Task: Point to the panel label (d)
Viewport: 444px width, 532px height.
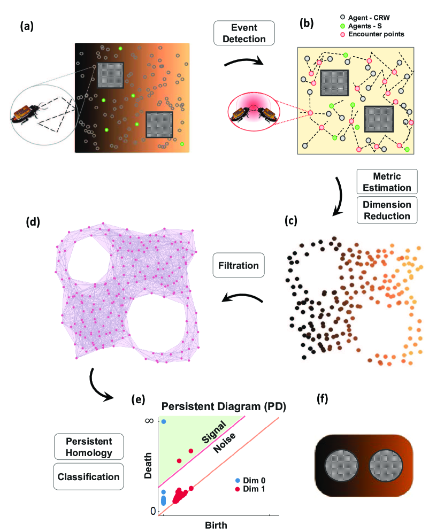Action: (30, 222)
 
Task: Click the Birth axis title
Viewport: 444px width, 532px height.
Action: (216, 525)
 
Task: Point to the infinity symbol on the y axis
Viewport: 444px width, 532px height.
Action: (152, 421)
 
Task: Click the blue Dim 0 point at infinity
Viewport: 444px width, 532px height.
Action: (164, 422)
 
